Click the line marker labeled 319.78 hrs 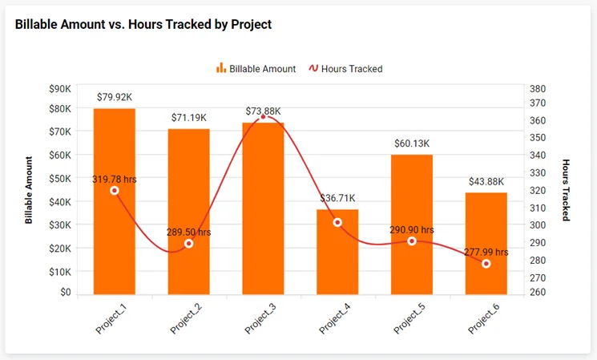pyautogui.click(x=114, y=191)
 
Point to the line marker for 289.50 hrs pyautogui.click(x=189, y=244)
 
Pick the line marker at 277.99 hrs pyautogui.click(x=486, y=264)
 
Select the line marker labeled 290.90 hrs pyautogui.click(x=412, y=241)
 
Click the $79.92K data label pyautogui.click(x=115, y=97)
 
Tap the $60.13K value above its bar pyautogui.click(x=412, y=144)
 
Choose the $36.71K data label pyautogui.click(x=337, y=198)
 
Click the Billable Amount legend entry pyautogui.click(x=256, y=69)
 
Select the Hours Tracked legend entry pyautogui.click(x=345, y=69)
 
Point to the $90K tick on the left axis pyautogui.click(x=59, y=89)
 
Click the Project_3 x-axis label pyautogui.click(x=258, y=318)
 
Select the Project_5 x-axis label pyautogui.click(x=407, y=318)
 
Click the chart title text pyautogui.click(x=143, y=25)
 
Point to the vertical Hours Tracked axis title pyautogui.click(x=566, y=189)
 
